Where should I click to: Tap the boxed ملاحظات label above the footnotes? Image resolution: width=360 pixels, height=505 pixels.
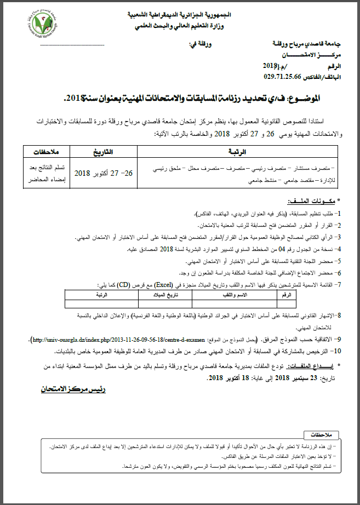tap(321, 435)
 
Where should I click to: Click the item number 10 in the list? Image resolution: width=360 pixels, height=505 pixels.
tap(338, 350)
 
